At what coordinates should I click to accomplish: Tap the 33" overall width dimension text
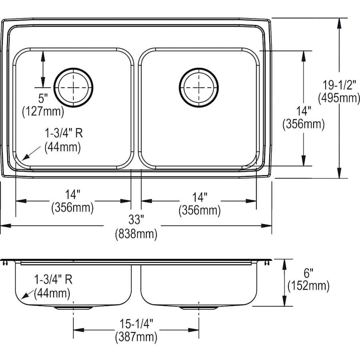(136, 220)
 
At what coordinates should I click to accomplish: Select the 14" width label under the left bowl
(72, 194)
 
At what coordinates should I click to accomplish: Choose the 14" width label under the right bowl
(199, 197)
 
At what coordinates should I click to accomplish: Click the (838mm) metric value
(136, 234)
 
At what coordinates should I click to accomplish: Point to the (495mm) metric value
(338, 98)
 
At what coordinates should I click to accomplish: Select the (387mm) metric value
(136, 337)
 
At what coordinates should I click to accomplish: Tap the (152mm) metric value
(308, 286)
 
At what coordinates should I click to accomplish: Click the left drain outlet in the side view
(73, 308)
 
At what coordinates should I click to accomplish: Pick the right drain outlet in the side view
(199, 308)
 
